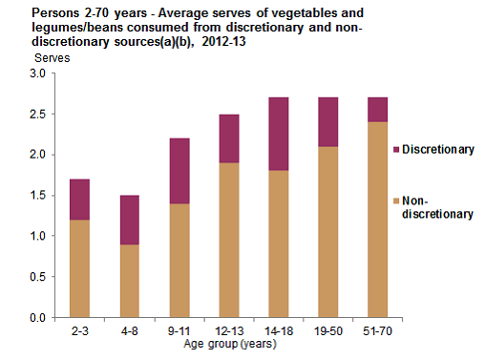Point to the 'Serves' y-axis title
point(51,59)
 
